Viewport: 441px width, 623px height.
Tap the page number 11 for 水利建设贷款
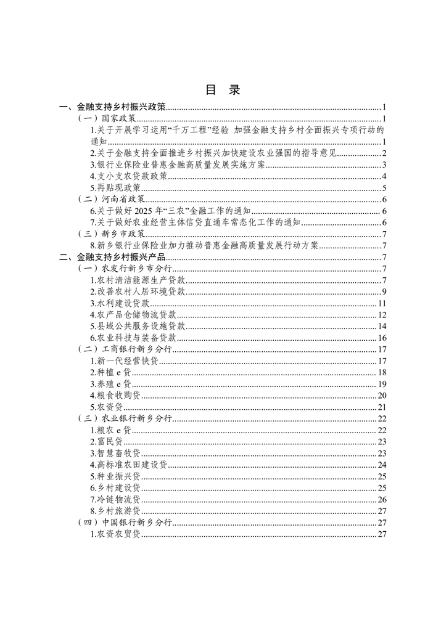click(x=382, y=304)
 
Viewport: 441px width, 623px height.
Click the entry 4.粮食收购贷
click(x=115, y=396)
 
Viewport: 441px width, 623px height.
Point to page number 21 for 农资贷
click(x=381, y=407)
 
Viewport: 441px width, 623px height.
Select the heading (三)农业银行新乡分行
click(x=125, y=419)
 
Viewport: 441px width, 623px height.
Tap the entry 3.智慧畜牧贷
click(x=115, y=454)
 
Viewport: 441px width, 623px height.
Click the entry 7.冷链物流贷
click(x=115, y=500)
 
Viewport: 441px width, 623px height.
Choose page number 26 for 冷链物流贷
click(x=381, y=500)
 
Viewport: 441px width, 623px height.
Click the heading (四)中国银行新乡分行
click(x=125, y=523)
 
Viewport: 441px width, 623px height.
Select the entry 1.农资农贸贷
click(x=115, y=534)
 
